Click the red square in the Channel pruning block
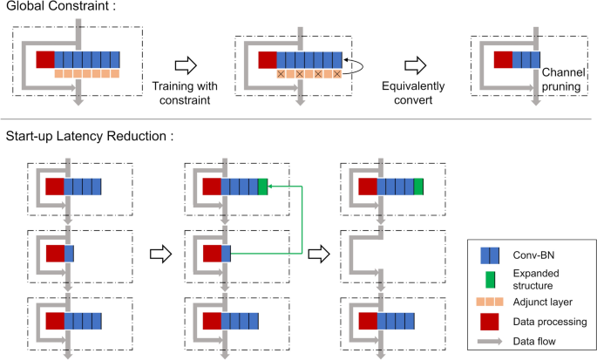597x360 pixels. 503,60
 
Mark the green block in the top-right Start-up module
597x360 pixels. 418,187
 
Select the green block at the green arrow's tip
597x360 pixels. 262,187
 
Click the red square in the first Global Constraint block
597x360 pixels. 45,60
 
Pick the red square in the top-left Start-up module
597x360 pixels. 55,187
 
